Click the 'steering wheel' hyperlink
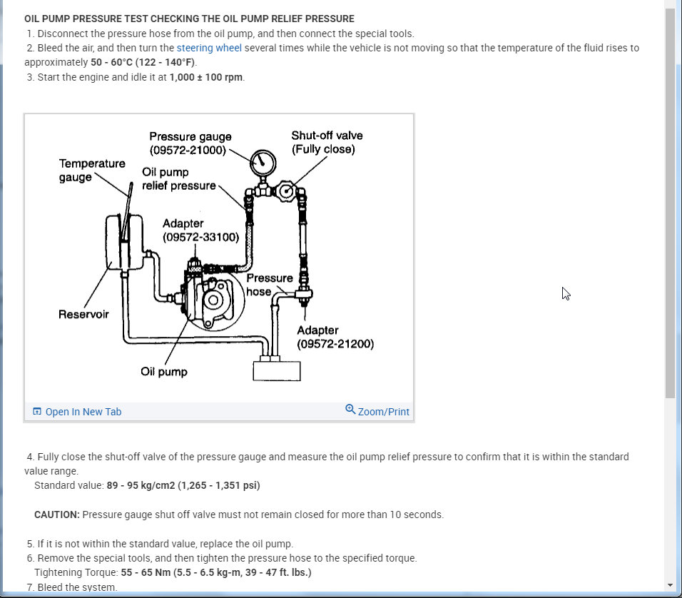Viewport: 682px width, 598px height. (209, 48)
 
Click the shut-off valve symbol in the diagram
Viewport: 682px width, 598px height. (287, 191)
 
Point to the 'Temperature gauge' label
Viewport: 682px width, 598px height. (92, 170)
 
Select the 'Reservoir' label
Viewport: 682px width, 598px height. (83, 314)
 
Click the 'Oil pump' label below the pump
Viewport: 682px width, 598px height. (164, 372)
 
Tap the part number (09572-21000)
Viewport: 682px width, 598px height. (188, 151)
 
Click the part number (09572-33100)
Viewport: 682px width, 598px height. (200, 237)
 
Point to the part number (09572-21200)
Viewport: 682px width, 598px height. (335, 344)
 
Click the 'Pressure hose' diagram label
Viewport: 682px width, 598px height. (269, 284)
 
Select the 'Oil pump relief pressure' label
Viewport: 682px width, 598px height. (178, 178)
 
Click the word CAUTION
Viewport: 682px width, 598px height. (57, 515)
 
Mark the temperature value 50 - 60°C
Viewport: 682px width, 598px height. (116, 62)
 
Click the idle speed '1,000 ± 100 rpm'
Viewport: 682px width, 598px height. (206, 77)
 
